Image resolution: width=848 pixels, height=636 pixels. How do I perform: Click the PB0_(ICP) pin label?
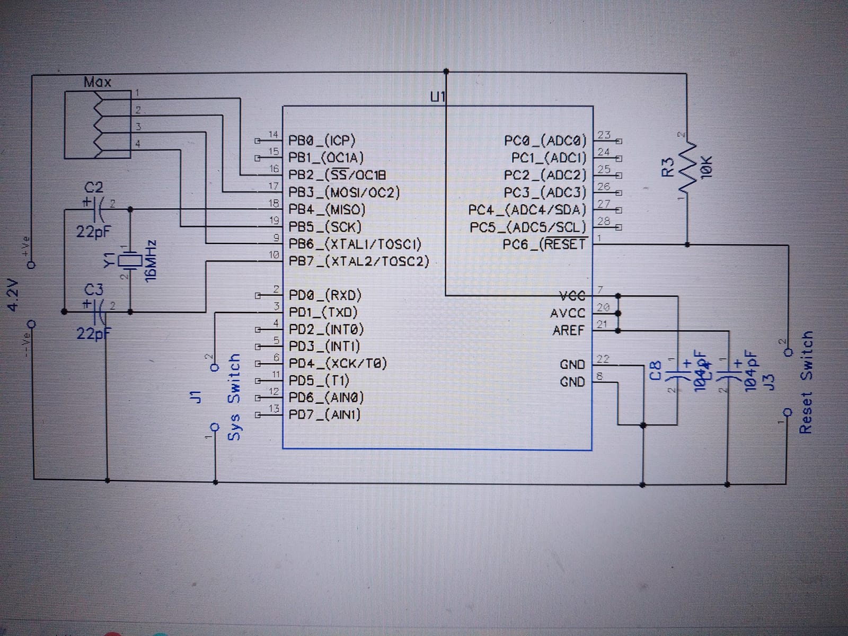(x=322, y=140)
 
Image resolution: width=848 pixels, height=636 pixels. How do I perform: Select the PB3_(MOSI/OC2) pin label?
(x=344, y=192)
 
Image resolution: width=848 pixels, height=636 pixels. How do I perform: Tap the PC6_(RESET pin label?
(x=544, y=244)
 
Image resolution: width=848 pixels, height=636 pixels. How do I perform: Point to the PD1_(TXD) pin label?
(x=323, y=312)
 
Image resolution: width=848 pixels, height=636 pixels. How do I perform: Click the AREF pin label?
(x=568, y=330)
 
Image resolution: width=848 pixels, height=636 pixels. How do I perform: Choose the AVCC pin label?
(x=568, y=313)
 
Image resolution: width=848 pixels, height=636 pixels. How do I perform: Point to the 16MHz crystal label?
(x=151, y=260)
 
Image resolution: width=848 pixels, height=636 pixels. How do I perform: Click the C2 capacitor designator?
(x=94, y=188)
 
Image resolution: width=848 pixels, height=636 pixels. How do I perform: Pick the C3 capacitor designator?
(x=94, y=290)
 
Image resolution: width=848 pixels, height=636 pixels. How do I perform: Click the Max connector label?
(x=98, y=82)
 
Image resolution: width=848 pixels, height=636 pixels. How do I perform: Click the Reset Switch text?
(x=806, y=382)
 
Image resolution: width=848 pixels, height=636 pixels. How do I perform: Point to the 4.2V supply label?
(x=13, y=294)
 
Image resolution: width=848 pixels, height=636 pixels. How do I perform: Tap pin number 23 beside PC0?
(x=604, y=135)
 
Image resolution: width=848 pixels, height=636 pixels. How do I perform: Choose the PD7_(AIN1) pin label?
(x=324, y=414)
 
